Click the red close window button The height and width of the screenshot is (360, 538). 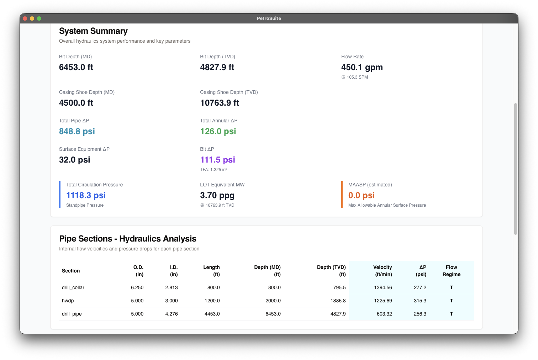(x=25, y=18)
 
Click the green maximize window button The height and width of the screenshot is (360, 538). (x=39, y=18)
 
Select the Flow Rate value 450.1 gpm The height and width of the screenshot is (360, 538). (x=362, y=67)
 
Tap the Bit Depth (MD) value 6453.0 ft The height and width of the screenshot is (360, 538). (x=76, y=67)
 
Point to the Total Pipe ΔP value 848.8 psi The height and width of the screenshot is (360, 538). (x=77, y=131)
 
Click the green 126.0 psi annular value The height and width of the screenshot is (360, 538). (x=218, y=131)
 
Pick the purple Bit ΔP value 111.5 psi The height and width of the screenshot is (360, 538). (x=217, y=160)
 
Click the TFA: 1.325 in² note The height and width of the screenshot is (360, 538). (x=213, y=170)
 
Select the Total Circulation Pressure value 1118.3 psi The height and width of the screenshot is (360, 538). (x=86, y=195)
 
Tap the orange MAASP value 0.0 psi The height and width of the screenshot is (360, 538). (x=362, y=195)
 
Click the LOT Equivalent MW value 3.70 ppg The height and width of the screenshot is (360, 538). (x=217, y=195)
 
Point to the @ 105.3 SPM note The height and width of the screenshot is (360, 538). (x=354, y=77)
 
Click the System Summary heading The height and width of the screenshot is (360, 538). (x=93, y=31)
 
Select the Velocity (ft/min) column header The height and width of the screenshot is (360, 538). (x=383, y=271)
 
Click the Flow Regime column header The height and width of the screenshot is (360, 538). (x=451, y=271)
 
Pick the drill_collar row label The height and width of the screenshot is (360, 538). (x=73, y=287)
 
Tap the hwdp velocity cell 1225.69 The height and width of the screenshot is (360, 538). (x=383, y=301)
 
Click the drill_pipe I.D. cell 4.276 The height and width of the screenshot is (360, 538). (x=172, y=314)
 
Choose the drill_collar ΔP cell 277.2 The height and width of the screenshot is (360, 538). (x=420, y=287)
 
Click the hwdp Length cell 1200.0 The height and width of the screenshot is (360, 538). (x=212, y=301)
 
